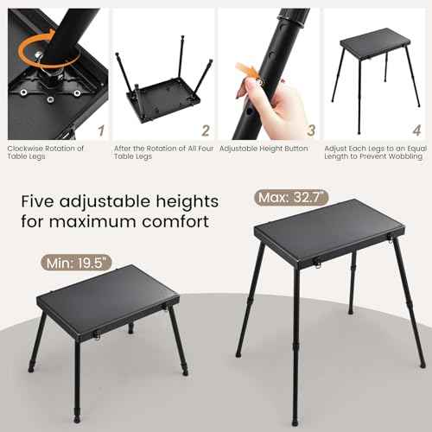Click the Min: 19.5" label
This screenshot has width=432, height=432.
[77, 261]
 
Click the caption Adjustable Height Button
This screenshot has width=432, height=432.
[263, 148]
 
